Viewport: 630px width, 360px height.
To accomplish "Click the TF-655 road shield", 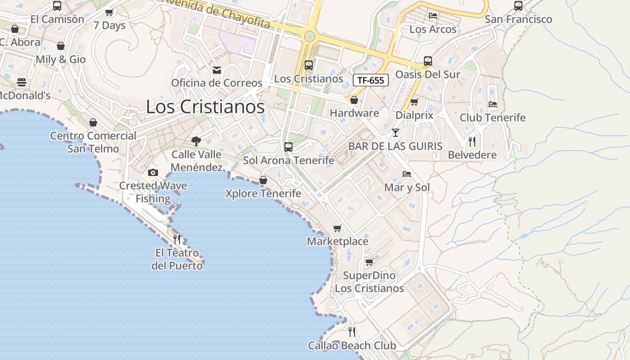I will (x=370, y=81).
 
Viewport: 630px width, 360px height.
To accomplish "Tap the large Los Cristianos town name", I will (x=205, y=107).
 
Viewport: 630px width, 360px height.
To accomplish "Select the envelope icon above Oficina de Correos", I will (x=217, y=70).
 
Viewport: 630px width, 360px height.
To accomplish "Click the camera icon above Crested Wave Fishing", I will (x=153, y=172).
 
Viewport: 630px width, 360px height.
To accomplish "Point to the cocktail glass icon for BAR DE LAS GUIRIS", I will (x=396, y=133).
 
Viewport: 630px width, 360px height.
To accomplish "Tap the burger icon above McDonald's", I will (x=22, y=82).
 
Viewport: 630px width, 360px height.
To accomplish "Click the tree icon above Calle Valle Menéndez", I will (x=196, y=141).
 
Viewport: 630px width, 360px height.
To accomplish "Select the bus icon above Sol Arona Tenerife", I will (x=288, y=147).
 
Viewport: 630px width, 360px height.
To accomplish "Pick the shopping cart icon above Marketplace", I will (x=337, y=229).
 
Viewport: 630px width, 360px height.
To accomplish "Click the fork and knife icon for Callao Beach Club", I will (x=352, y=332).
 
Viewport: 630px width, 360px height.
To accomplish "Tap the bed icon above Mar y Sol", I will (x=407, y=174).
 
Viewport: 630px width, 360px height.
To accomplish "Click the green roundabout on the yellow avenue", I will (x=309, y=36).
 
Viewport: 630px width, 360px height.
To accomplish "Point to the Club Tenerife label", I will (x=492, y=118).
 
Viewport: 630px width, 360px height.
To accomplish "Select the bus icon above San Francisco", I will (x=518, y=6).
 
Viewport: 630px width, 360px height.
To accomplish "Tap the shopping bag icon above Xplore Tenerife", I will (x=263, y=180).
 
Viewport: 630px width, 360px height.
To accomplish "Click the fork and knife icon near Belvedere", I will (x=472, y=142).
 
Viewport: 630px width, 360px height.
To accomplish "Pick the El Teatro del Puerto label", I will (x=177, y=259).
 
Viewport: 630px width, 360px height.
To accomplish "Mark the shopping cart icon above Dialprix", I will (x=414, y=102).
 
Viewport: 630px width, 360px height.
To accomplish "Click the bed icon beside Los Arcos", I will (x=433, y=16).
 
